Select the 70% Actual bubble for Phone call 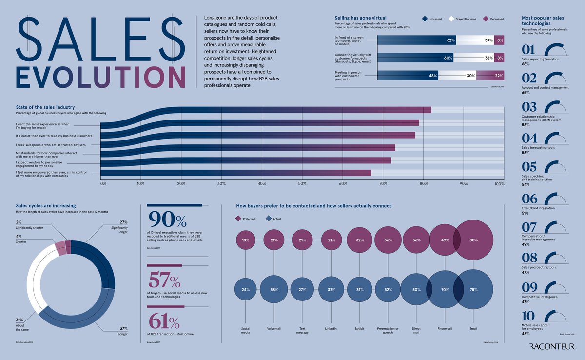445,289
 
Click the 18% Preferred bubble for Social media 245,240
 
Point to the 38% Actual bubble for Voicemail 274,289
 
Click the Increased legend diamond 425,19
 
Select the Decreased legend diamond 486,19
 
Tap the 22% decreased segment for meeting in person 490,76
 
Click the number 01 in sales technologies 529,50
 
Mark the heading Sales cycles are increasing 46,206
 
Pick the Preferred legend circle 239,219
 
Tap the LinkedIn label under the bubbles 331,329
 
